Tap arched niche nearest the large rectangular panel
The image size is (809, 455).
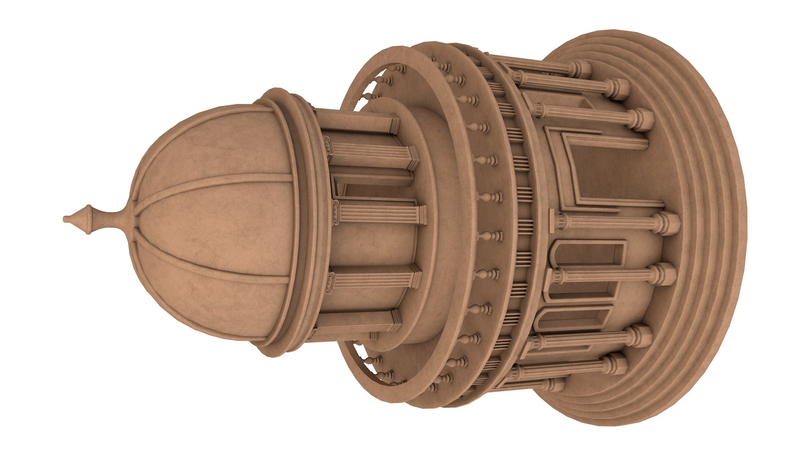(x=590, y=253)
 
